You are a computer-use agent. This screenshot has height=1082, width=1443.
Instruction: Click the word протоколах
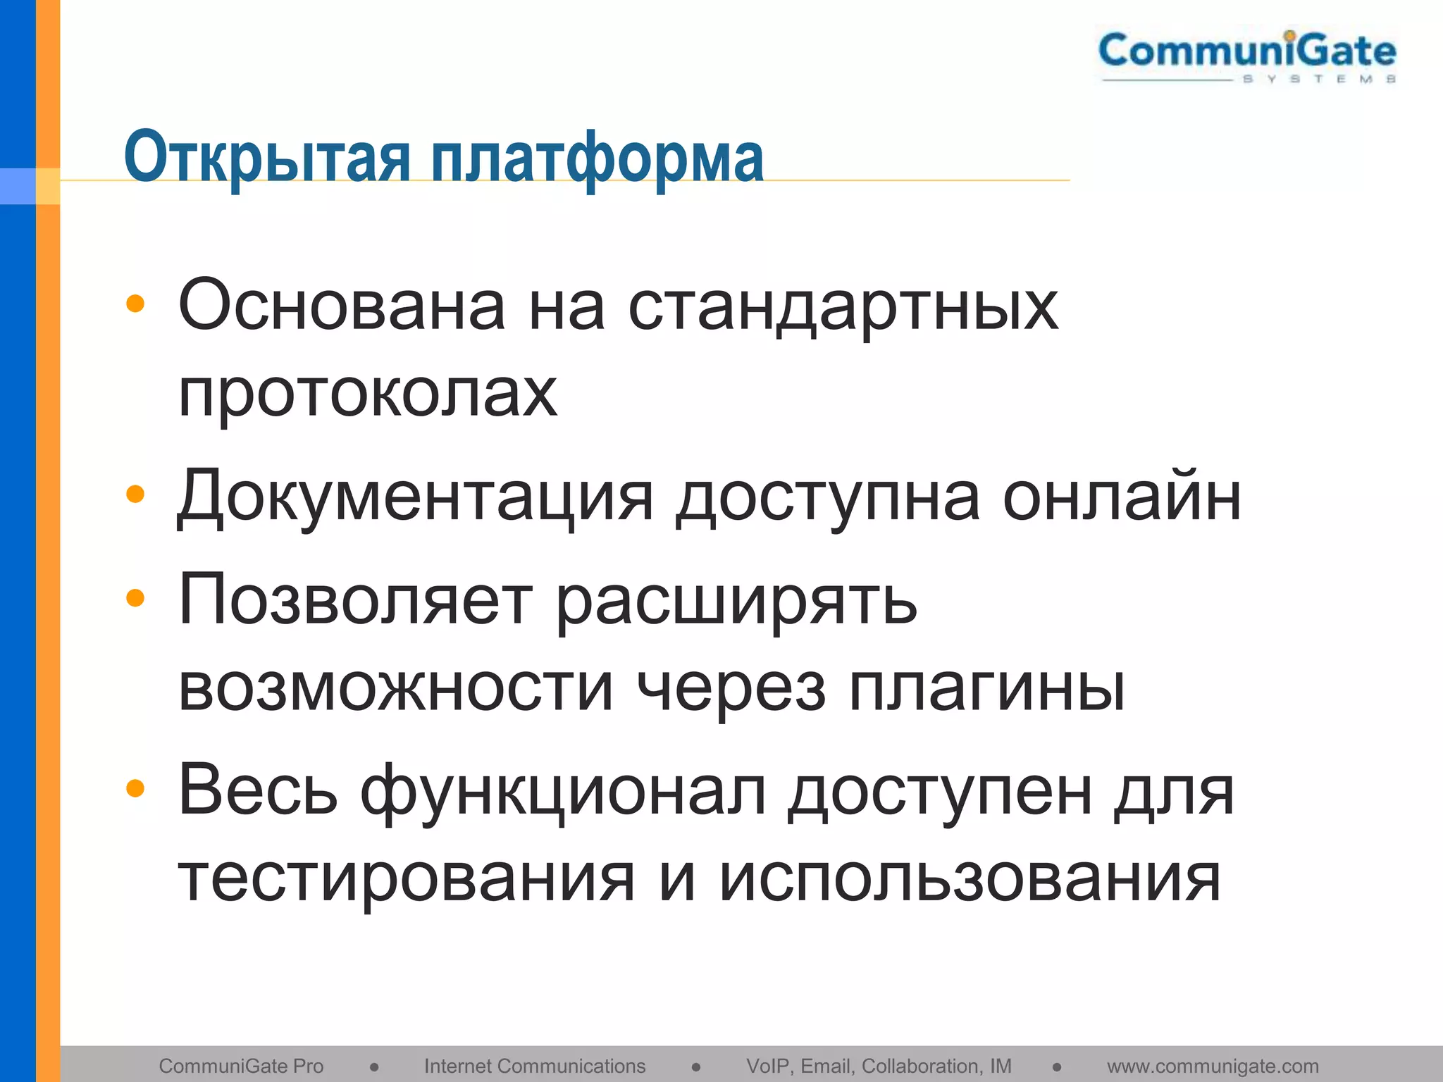[367, 393]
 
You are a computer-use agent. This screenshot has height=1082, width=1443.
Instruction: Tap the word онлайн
[1121, 497]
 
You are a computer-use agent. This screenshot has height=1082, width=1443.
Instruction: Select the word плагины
[986, 688]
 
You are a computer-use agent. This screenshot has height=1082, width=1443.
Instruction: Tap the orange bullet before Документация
[135, 495]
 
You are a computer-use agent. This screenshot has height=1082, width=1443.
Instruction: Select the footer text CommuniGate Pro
[241, 1066]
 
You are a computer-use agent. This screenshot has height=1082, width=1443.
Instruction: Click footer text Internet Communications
[535, 1066]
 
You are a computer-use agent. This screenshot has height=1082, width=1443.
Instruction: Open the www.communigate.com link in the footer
[1213, 1066]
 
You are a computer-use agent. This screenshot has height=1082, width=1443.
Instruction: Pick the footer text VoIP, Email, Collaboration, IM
[879, 1066]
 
